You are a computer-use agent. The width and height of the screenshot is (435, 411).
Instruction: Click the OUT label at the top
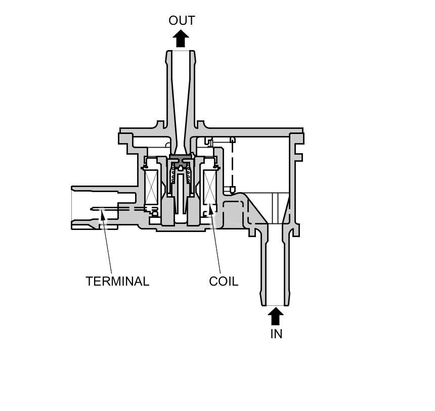pyautogui.click(x=182, y=21)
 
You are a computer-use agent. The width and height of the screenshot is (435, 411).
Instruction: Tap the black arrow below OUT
pyautogui.click(x=181, y=38)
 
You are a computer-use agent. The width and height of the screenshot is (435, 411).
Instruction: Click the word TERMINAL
pyautogui.click(x=117, y=282)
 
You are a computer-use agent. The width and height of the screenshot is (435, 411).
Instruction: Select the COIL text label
pyautogui.click(x=223, y=282)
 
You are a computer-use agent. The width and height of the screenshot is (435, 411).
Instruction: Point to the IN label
pyautogui.click(x=276, y=334)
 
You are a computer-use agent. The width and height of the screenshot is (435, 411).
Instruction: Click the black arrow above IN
pyautogui.click(x=275, y=316)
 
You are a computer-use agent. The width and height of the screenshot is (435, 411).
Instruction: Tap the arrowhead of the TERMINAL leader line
pyautogui.click(x=103, y=215)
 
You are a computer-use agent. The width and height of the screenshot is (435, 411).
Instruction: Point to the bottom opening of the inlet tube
pyautogui.click(x=275, y=305)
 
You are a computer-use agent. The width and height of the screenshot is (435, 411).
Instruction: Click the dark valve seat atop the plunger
pyautogui.click(x=181, y=159)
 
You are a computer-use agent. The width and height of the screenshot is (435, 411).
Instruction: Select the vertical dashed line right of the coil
pyautogui.click(x=232, y=164)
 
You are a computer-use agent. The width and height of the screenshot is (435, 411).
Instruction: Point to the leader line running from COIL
pyautogui.click(x=216, y=243)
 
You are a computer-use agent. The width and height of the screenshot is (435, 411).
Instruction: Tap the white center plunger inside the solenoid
pyautogui.click(x=181, y=192)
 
